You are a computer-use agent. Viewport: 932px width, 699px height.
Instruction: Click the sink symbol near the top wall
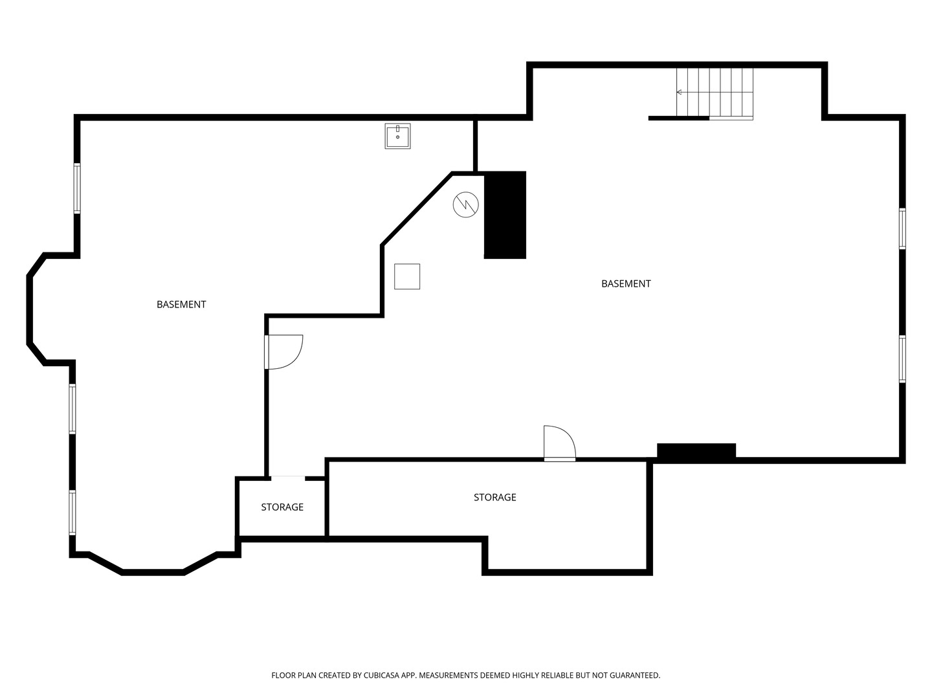(x=397, y=136)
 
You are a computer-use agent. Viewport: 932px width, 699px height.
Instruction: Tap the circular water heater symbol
(x=465, y=205)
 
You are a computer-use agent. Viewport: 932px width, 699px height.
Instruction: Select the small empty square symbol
(x=406, y=276)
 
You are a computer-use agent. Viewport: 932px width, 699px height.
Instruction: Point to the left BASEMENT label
(x=181, y=304)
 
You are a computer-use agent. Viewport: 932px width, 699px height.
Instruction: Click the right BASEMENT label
(x=626, y=283)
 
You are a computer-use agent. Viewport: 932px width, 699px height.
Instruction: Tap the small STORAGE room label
(x=282, y=507)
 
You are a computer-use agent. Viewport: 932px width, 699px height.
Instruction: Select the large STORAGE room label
(x=494, y=497)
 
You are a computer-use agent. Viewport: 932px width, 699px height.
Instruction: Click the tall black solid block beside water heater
(x=505, y=215)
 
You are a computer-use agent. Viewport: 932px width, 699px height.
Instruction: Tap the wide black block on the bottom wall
(x=696, y=450)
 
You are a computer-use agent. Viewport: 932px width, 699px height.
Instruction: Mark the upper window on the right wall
(x=902, y=228)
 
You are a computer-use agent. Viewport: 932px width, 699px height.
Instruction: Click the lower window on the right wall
(x=902, y=359)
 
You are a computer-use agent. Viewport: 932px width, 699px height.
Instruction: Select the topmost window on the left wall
(x=77, y=188)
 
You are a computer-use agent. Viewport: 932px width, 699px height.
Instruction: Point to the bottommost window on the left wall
(x=72, y=512)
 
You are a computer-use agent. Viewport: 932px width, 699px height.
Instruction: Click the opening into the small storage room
(x=288, y=478)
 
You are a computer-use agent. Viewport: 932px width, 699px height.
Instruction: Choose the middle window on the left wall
(x=72, y=408)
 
